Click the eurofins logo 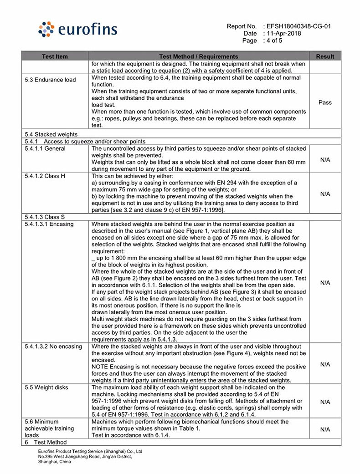click(78, 30)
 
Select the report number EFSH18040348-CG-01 click(298, 26)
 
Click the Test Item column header click(55, 56)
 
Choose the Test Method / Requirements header click(199, 56)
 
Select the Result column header click(325, 56)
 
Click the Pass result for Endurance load click(325, 102)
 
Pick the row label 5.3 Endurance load click(51, 80)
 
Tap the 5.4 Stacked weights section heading click(51, 134)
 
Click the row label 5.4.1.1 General click(45, 148)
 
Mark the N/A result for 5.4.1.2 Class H click(325, 194)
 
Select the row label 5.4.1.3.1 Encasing click(49, 224)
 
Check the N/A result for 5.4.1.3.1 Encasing click(325, 283)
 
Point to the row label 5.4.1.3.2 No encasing click(53, 347)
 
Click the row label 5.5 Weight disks click(46, 387)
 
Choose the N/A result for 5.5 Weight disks click(325, 402)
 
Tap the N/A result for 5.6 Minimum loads click(325, 429)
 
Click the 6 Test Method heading click(46, 442)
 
